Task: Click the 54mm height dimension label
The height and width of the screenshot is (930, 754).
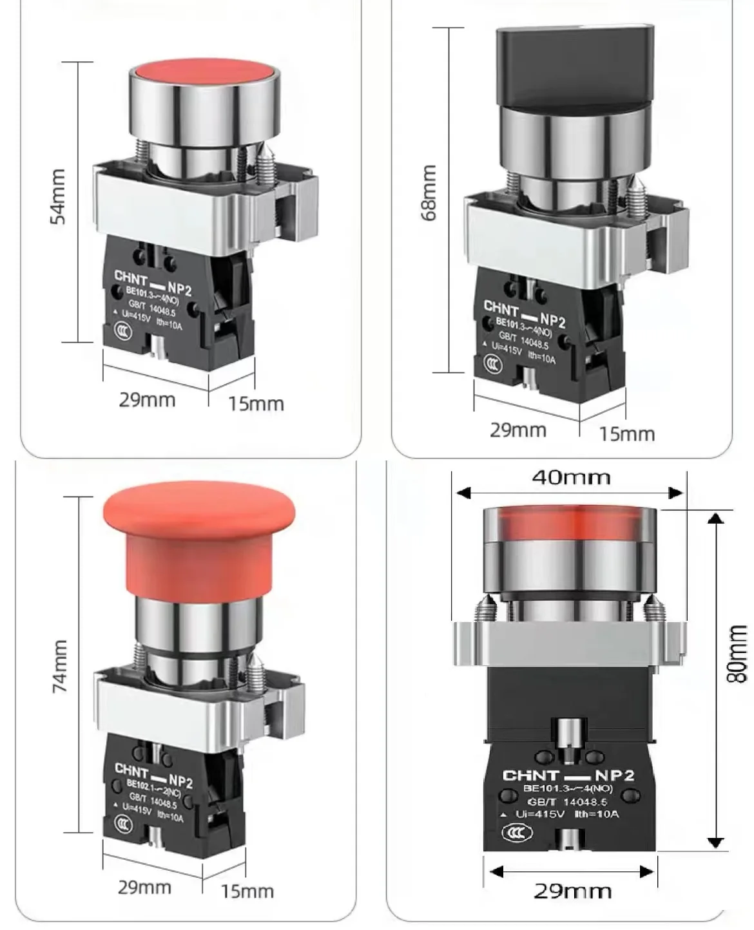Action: coord(58,196)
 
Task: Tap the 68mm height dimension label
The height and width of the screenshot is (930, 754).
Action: coord(429,193)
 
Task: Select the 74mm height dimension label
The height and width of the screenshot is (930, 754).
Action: coord(59,666)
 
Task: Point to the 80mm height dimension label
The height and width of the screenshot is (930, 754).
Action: coord(737,654)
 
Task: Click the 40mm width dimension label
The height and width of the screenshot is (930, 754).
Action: coord(571,477)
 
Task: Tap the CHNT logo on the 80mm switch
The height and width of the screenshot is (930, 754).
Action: coord(530,775)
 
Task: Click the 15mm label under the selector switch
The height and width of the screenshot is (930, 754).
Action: coord(626,434)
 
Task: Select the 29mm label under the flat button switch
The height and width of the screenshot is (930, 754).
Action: coord(147,400)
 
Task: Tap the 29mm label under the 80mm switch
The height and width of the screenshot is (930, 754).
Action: coord(572,891)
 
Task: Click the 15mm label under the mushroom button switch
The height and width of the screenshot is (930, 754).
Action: coord(247,891)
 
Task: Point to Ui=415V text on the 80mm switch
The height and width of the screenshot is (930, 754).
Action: coord(540,815)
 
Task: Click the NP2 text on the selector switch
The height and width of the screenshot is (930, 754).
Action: coord(552,320)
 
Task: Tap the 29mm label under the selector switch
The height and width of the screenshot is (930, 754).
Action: coord(517,430)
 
